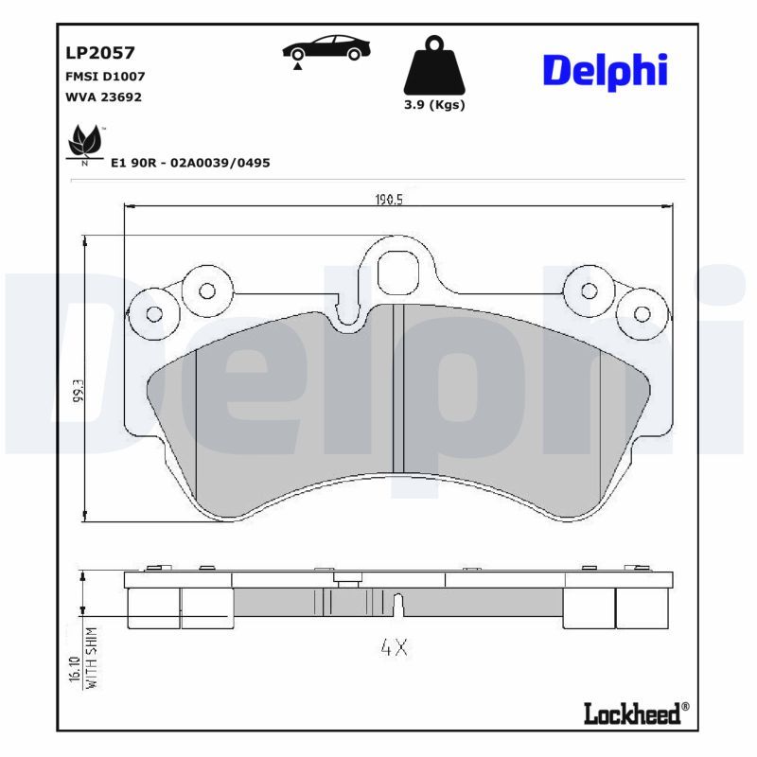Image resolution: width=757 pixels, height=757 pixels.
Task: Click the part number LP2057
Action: point(100,53)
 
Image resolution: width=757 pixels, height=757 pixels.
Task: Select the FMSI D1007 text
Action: point(105,77)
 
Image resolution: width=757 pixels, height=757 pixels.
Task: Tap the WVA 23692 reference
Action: point(103,97)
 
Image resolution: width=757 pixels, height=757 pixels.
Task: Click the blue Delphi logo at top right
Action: point(606,72)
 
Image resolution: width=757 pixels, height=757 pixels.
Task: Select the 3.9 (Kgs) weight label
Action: point(434,105)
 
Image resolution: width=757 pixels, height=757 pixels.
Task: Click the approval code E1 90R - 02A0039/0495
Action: point(190,163)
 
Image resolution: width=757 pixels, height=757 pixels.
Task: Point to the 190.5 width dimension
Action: point(389,199)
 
